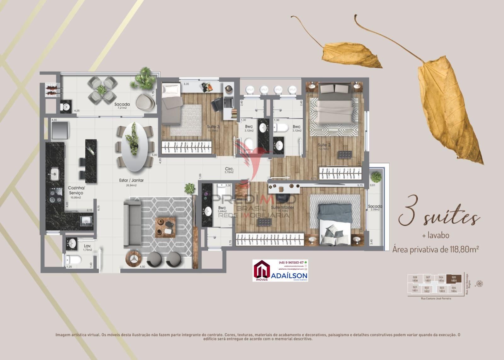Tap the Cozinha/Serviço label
[76, 190]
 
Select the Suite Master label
[282, 208]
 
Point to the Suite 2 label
[324, 145]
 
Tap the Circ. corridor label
[229, 168]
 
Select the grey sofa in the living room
[132, 224]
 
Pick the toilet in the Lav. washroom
[73, 260]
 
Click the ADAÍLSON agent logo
[280, 271]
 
